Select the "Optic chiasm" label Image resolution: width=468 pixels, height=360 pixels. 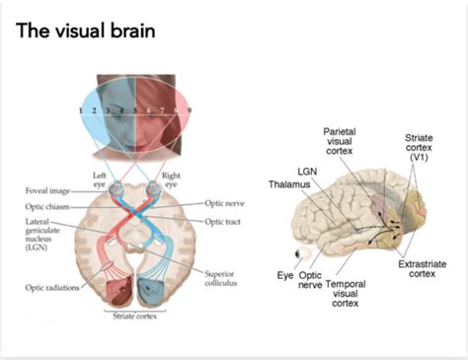click(x=49, y=207)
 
